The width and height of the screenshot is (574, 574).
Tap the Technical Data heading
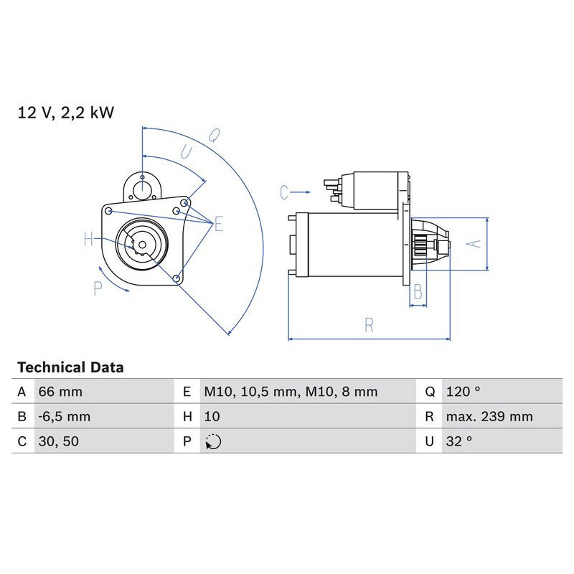(70, 367)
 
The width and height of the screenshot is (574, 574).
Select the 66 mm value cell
(60, 392)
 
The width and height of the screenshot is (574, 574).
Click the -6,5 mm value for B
(65, 417)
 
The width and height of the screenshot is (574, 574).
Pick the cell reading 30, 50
(58, 441)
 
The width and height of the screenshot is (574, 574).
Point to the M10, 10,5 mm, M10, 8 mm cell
(291, 392)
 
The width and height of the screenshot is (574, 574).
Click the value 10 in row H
(212, 417)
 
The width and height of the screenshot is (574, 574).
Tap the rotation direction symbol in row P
(213, 442)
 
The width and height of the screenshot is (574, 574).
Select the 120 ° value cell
(463, 392)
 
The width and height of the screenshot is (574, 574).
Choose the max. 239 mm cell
(489, 417)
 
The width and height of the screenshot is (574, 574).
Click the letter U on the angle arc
(186, 152)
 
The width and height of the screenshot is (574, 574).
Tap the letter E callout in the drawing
(218, 225)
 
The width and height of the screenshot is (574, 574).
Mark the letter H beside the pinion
(88, 240)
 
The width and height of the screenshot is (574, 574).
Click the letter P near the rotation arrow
(98, 288)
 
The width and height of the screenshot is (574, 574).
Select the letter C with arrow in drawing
(285, 192)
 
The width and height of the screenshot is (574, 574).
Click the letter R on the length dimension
(369, 325)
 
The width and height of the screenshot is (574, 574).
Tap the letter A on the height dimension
(472, 243)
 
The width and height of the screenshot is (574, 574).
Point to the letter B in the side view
(418, 291)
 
